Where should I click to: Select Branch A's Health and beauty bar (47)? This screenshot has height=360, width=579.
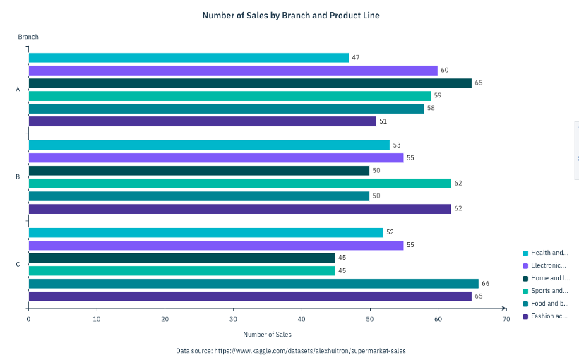click(189, 58)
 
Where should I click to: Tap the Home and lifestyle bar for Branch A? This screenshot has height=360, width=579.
click(250, 83)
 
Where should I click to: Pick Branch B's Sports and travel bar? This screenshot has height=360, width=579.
click(239, 184)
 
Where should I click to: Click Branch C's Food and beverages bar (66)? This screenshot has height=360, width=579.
click(253, 284)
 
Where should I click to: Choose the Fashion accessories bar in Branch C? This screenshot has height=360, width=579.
click(250, 296)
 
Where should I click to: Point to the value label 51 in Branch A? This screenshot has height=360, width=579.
click(383, 121)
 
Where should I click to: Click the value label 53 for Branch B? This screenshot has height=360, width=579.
click(396, 145)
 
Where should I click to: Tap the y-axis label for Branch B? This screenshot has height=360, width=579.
click(18, 177)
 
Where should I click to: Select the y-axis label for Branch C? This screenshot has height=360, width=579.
click(18, 265)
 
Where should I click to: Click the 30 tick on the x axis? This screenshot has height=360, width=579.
click(233, 320)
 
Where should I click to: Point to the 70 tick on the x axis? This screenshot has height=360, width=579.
click(506, 320)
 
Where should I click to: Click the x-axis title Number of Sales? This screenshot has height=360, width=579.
click(267, 335)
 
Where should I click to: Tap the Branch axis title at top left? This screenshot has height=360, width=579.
click(28, 37)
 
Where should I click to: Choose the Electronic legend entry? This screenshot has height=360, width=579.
click(549, 265)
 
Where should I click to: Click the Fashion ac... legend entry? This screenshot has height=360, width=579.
click(549, 316)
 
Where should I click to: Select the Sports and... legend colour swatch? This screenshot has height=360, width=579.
click(525, 291)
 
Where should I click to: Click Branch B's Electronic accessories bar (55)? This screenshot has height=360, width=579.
click(215, 158)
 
